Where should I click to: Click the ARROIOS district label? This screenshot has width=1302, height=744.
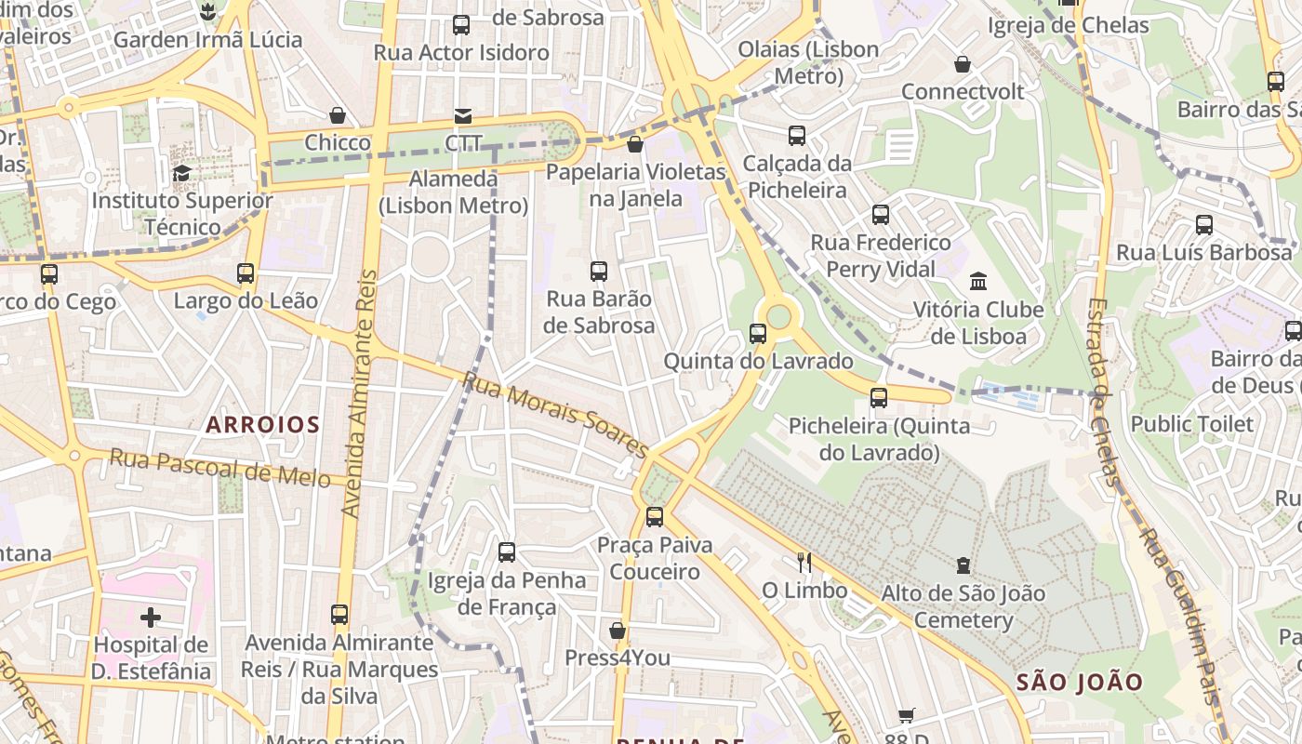262,425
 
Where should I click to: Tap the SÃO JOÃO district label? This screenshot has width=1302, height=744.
1079,682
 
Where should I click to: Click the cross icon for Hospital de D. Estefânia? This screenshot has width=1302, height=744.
151,618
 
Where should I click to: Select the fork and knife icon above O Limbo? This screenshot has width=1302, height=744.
804,563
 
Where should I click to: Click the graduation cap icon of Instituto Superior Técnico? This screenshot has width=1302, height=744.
182,173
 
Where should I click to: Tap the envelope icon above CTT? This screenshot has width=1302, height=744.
462,116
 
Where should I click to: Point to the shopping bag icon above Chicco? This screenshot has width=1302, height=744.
338,115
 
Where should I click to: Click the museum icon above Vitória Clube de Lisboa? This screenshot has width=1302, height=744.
978,281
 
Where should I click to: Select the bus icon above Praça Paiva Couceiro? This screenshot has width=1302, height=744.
655,517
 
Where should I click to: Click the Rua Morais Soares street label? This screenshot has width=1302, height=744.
555,415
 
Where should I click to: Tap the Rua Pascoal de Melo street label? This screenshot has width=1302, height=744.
219,467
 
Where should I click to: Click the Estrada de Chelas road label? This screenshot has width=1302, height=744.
1102,391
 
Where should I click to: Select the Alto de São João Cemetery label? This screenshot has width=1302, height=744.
963,606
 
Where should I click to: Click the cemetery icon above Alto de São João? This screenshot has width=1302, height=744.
963,565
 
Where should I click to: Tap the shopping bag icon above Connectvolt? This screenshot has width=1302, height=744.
963,64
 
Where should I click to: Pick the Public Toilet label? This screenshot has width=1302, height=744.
1191,424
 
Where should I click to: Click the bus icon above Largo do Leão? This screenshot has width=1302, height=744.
246,273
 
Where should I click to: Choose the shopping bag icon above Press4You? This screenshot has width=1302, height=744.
617,631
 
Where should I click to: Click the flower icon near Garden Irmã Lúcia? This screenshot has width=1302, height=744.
207,12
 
